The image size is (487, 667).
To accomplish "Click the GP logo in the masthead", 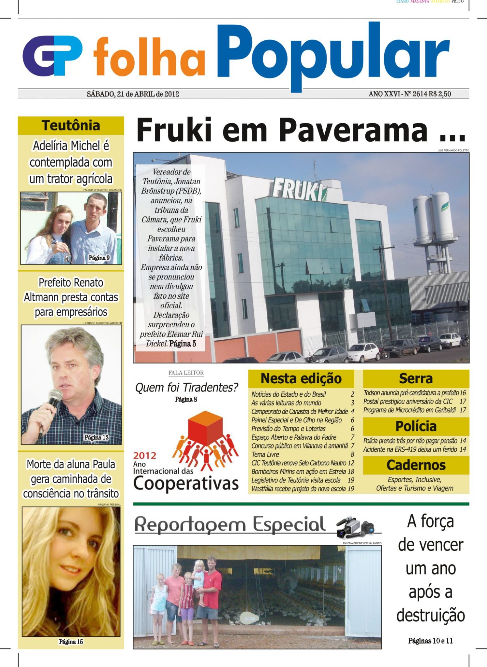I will point(52,56).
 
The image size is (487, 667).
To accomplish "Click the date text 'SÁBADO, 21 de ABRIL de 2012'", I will point(133,94).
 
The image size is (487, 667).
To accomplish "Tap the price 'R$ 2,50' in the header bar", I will point(440,94).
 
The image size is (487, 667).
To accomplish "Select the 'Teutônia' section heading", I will point(71,126).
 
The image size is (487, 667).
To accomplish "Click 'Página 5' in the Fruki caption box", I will point(183,344).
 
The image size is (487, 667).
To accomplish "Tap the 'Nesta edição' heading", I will point(301,378).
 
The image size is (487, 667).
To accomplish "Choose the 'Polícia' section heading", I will point(416,426).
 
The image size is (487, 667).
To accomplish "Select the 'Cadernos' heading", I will point(416,465).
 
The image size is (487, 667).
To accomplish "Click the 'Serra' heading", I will point(416,378).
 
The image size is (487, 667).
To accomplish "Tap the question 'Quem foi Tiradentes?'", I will point(186,388).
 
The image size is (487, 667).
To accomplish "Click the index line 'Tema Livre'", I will point(265,454).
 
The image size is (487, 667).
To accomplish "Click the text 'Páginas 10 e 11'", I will point(430,641).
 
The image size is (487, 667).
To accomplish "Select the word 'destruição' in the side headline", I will point(430,616).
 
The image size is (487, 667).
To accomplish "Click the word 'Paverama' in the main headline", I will point(353,130).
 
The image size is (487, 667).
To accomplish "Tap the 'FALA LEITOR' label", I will point(186,373).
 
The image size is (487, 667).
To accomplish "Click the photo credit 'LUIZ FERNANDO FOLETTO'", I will point(453,150).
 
